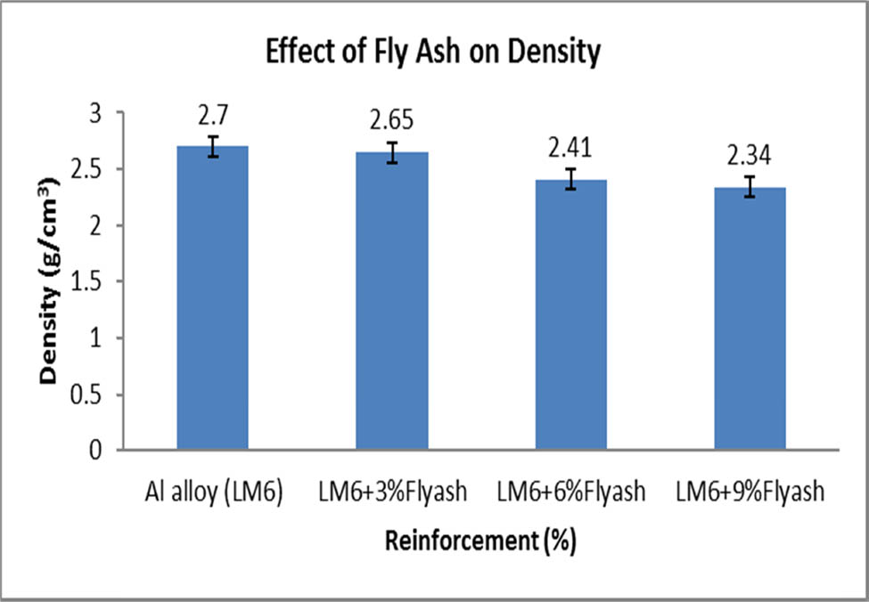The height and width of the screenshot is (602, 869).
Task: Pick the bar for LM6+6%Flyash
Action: point(571,315)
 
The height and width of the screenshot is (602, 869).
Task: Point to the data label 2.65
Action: point(392,120)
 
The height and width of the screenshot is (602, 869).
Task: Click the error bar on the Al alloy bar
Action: point(212,147)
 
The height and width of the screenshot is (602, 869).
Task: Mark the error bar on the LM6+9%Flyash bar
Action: point(750,187)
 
